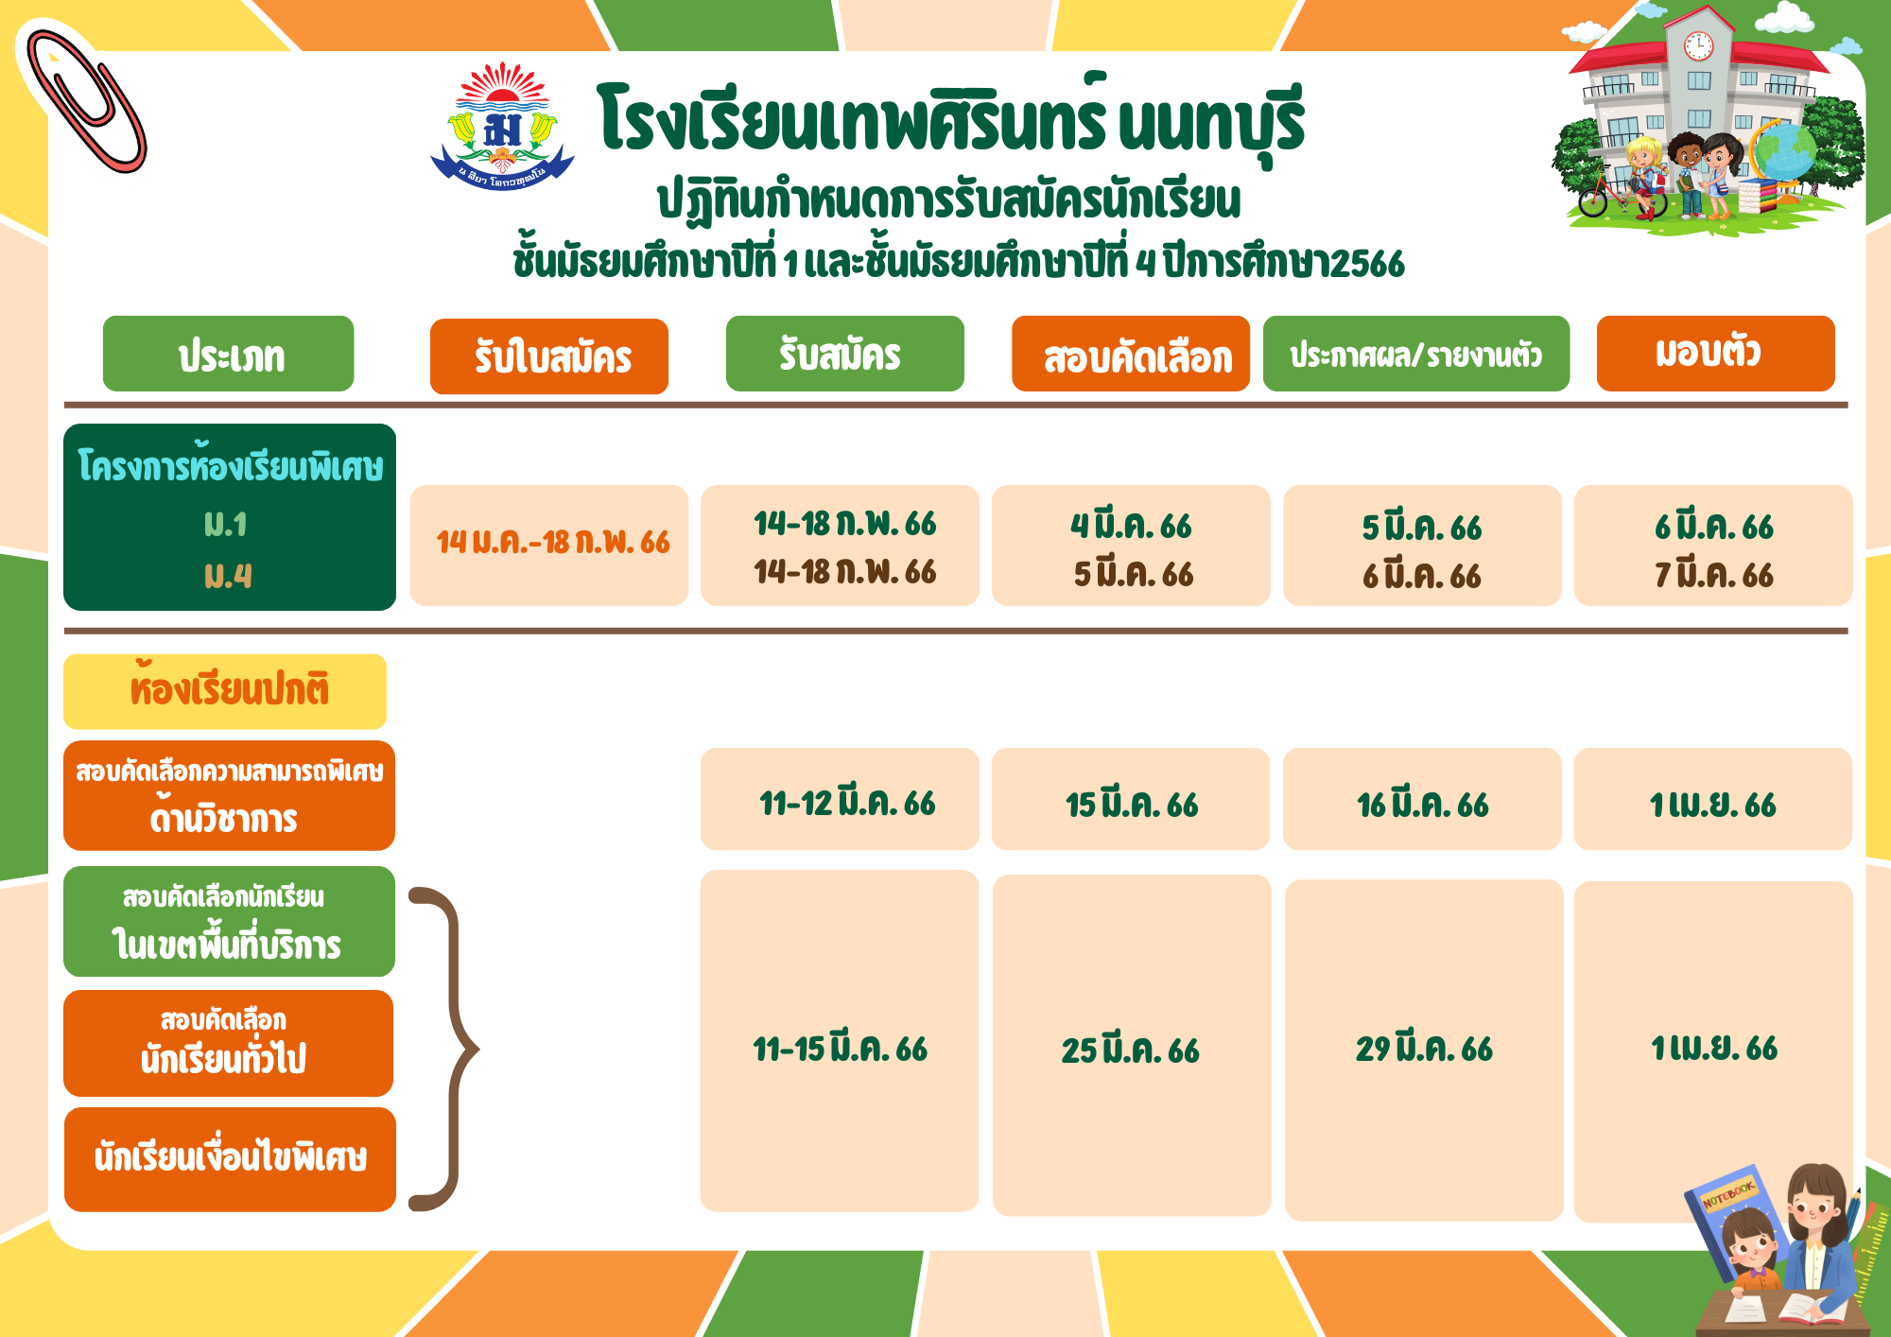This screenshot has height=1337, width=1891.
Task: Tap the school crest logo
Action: [502, 126]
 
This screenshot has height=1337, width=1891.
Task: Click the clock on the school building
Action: [1698, 45]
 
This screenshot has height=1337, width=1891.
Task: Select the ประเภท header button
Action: [228, 354]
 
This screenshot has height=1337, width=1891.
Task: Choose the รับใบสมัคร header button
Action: [549, 356]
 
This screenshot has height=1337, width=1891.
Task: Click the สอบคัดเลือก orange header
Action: [1131, 354]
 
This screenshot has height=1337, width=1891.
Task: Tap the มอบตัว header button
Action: [1716, 354]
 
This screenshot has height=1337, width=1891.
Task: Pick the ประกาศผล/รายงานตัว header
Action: [1416, 354]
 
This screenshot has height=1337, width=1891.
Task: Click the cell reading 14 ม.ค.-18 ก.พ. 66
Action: [549, 546]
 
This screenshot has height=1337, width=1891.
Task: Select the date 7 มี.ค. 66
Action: [1714, 575]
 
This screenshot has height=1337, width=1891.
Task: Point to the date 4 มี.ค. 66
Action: [1131, 526]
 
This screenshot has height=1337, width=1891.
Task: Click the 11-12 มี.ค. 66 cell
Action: [840, 799]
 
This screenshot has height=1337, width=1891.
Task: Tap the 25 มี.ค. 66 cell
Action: [1132, 1045]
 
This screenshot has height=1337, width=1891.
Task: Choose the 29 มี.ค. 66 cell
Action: [1424, 1050]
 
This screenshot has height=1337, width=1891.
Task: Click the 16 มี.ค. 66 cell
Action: [1422, 799]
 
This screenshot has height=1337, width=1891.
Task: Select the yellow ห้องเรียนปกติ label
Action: [225, 691]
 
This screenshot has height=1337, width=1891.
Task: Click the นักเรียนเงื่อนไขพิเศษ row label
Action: [230, 1159]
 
